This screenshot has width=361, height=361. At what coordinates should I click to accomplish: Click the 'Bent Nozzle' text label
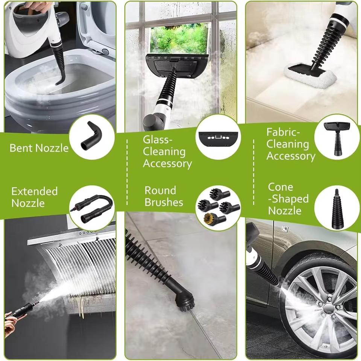coord(39,148)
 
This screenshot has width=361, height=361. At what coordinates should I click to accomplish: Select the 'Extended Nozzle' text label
coord(34,197)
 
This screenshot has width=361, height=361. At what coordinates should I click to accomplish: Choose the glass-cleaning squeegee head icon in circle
coord(218,137)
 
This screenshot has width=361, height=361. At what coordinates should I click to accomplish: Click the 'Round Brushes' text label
coord(164,196)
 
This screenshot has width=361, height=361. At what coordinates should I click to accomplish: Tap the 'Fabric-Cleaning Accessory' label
coord(291,144)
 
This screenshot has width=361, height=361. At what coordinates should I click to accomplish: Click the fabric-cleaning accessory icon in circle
coord(337,137)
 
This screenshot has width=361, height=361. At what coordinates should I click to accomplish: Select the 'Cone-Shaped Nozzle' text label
coord(288,199)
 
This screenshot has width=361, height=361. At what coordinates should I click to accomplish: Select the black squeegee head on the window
coord(176,64)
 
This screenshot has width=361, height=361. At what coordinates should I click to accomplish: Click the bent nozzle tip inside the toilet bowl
coord(60,80)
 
